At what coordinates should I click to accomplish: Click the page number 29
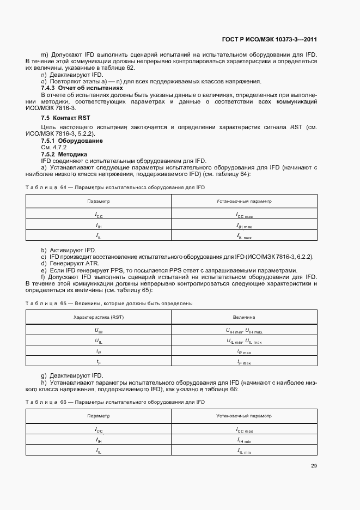click(x=314, y=466)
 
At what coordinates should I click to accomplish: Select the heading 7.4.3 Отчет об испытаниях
click(x=82, y=88)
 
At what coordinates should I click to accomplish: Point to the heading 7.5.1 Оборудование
click(x=72, y=141)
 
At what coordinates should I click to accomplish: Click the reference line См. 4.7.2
click(x=53, y=147)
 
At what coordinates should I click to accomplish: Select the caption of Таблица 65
click(x=109, y=303)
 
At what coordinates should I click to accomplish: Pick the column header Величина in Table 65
click(x=244, y=317)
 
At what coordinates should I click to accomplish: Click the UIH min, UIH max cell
click(x=244, y=330)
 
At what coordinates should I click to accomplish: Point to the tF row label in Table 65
click(x=99, y=362)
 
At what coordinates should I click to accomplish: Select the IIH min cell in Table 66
click(x=244, y=440)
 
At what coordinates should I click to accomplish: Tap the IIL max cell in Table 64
click(x=244, y=236)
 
